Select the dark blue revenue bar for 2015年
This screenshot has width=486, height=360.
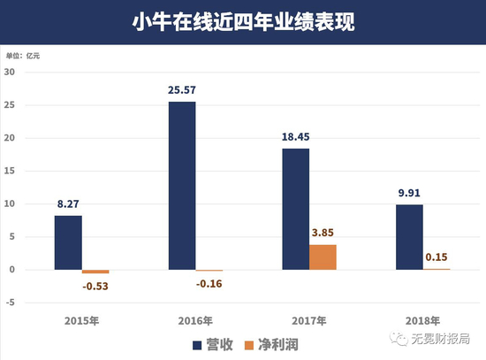coord(68,242)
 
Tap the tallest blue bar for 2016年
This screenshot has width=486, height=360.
coord(182,186)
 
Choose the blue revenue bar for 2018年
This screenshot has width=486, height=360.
coord(408,237)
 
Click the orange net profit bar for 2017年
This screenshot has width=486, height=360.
coord(323,257)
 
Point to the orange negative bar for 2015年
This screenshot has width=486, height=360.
coord(95,272)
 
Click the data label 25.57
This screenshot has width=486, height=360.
coord(182,90)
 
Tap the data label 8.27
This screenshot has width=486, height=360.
coord(68,203)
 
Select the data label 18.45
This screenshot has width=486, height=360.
coord(295,137)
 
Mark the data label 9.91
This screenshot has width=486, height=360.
coord(408,193)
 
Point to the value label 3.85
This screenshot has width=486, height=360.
coord(323,233)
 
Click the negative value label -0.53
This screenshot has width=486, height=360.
coord(95,286)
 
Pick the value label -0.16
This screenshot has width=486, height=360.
coord(209,283)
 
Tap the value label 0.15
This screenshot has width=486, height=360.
coord(437,257)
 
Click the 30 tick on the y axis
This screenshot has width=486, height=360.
coord(11,73)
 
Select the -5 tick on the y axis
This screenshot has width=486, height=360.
coord(11,303)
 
